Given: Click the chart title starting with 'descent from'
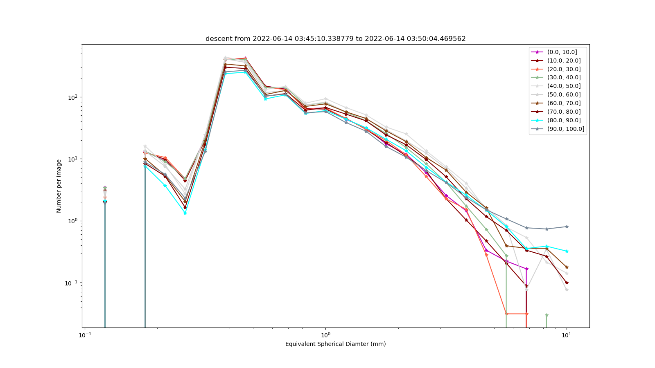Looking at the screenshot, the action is pyautogui.click(x=335, y=38).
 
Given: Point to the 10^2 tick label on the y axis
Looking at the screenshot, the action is pyautogui.click(x=73, y=97).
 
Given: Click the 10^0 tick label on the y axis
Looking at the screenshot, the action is pyautogui.click(x=73, y=221).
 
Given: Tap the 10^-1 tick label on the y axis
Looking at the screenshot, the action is pyautogui.click(x=72, y=283).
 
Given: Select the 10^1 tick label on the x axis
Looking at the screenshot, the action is pyautogui.click(x=567, y=335).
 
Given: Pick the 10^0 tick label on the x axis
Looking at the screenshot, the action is pyautogui.click(x=325, y=335).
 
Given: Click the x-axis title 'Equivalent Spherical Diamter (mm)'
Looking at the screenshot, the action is pyautogui.click(x=335, y=344).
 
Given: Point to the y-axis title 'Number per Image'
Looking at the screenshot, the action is pyautogui.click(x=59, y=186).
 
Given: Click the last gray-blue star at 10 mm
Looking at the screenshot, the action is pyautogui.click(x=567, y=227).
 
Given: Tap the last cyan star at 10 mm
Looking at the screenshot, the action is pyautogui.click(x=567, y=251).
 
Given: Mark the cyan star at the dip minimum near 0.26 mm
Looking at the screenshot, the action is pyautogui.click(x=185, y=213).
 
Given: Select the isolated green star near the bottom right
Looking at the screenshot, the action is pyautogui.click(x=547, y=315).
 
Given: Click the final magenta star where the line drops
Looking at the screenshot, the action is pyautogui.click(x=526, y=269).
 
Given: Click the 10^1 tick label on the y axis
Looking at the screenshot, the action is pyautogui.click(x=73, y=159).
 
